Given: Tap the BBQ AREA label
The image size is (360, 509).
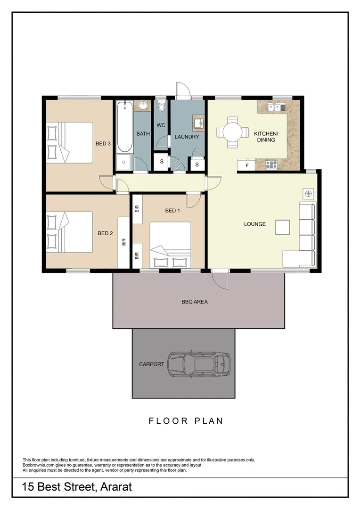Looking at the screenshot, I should (x=195, y=302).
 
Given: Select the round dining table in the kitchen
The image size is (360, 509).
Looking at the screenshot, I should (x=233, y=132).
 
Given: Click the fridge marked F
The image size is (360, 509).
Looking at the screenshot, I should (x=246, y=165).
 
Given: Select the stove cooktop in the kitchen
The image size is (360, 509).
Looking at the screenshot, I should (x=271, y=164).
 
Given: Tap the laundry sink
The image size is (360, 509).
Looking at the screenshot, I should (x=198, y=123).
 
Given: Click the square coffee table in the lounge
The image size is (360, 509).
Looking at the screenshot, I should (x=283, y=227).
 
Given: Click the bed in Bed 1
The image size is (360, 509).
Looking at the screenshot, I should (x=170, y=245).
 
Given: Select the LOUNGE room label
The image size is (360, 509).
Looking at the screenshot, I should (x=254, y=224).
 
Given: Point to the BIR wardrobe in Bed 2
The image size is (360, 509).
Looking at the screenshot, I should (x=124, y=242).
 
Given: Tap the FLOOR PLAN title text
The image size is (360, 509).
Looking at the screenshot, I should (x=186, y=421).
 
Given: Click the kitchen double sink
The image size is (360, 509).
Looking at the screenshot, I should (x=275, y=107).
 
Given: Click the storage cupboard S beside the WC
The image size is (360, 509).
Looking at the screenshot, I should (x=161, y=162).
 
